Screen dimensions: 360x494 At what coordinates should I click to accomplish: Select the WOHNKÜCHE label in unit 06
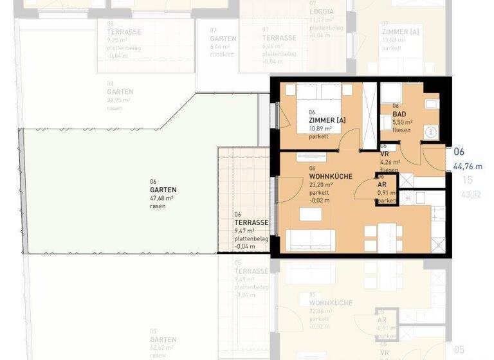tap(330, 175)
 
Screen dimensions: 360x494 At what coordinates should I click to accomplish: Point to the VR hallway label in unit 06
tap(384, 155)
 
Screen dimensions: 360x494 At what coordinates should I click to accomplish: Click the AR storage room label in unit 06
tap(382, 184)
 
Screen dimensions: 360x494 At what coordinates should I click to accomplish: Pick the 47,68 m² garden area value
tap(163, 199)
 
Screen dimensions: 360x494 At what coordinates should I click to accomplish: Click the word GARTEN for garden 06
tap(163, 190)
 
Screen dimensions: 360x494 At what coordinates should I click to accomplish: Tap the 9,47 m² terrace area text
tap(244, 231)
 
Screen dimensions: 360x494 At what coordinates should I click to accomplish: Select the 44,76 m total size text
tap(468, 166)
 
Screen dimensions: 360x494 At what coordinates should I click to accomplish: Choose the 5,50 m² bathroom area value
tap(403, 122)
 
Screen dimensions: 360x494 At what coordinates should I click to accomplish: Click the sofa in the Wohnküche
tap(310, 240)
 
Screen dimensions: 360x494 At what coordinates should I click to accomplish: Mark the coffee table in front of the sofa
tap(309, 214)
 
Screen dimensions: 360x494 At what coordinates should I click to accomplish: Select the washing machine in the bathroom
tap(430, 131)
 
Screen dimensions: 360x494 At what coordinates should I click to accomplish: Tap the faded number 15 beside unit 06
tap(468, 180)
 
